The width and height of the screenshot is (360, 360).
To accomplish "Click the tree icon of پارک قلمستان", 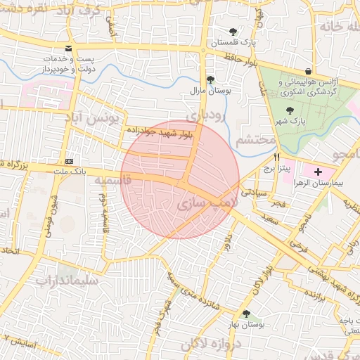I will point(233,32).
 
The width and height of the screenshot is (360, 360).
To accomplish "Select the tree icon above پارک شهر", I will point(290,110).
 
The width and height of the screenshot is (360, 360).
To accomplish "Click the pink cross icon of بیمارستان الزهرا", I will point(318,171).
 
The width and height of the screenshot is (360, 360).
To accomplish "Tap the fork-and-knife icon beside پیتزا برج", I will point(277,157).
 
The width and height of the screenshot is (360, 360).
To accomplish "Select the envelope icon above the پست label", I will point(68,49).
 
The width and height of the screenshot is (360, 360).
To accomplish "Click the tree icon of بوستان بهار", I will point(245,314).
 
